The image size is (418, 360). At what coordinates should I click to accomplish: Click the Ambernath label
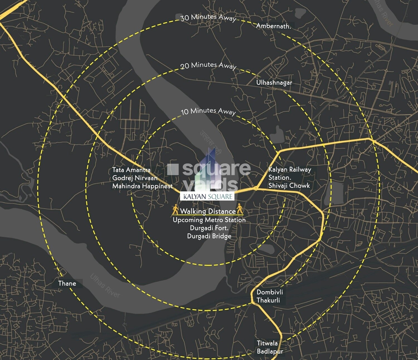(273, 26)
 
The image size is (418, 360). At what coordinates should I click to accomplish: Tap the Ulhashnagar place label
(274, 83)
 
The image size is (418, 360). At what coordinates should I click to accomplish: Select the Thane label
(67, 283)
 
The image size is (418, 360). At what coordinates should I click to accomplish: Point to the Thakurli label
(268, 300)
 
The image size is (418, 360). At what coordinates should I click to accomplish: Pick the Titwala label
(267, 343)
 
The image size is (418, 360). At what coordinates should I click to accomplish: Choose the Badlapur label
(270, 351)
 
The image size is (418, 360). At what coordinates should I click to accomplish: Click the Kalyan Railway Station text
(290, 173)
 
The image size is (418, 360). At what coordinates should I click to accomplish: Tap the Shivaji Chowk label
(289, 186)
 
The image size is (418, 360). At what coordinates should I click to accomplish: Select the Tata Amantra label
(131, 170)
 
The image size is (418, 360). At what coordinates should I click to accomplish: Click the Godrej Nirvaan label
(135, 178)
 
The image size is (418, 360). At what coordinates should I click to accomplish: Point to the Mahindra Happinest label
(142, 186)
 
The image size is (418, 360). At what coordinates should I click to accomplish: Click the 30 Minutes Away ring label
(208, 18)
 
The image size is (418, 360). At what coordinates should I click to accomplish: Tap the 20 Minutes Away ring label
(208, 65)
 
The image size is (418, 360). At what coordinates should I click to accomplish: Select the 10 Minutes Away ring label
(208, 111)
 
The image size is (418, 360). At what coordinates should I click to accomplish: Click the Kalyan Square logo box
(208, 196)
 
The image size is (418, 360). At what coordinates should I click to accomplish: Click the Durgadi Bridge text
(209, 236)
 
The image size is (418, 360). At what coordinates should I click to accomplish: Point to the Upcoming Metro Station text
(209, 220)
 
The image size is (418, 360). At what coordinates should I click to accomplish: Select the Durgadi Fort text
(209, 228)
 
